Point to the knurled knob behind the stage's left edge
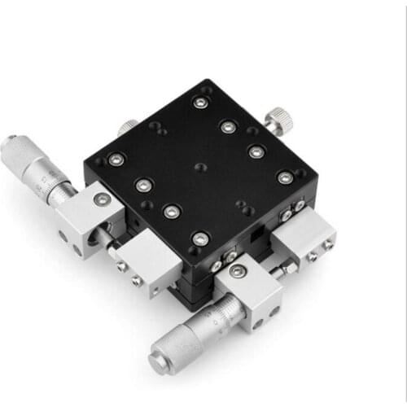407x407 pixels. pyautogui.click(x=128, y=127)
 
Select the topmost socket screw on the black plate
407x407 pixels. pyautogui.click(x=200, y=103)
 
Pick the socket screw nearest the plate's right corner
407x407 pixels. pyautogui.click(x=284, y=177)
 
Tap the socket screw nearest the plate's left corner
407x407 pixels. pyautogui.click(x=116, y=160)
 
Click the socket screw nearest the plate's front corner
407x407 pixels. pyautogui.click(x=200, y=239)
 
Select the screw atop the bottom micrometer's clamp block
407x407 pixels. pyautogui.click(x=237, y=272)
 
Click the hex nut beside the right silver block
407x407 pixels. pyautogui.click(x=289, y=266)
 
